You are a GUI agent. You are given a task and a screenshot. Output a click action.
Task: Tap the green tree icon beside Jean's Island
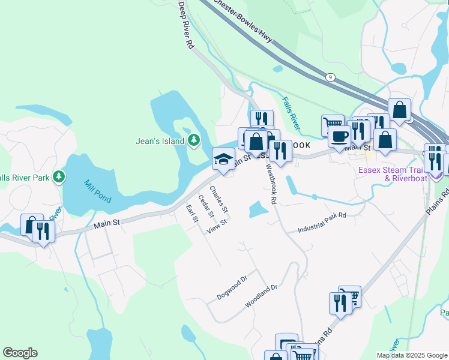coord(193,141)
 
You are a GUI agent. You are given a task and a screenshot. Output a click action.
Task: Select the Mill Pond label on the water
coord(97,191)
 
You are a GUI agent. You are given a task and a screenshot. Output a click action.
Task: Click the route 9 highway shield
coord(330,77)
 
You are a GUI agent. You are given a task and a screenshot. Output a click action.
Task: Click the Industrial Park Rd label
coord(322,223)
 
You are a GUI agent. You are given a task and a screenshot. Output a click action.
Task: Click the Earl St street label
coord(192,214)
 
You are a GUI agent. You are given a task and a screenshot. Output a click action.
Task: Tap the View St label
coord(216,227)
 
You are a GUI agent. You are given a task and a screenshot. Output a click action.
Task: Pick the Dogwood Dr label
coord(232,289)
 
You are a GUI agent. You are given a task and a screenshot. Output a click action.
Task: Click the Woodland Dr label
coord(261,296)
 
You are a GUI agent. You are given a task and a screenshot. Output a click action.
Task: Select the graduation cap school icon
coord(223,160)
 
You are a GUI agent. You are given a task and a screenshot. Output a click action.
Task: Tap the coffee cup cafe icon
coord(339,136)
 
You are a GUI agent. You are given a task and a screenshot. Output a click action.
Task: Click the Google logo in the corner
coord(20,353)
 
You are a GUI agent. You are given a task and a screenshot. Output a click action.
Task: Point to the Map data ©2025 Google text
coord(411,355)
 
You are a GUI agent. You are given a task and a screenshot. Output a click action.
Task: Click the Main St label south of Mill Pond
coord(107,223)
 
